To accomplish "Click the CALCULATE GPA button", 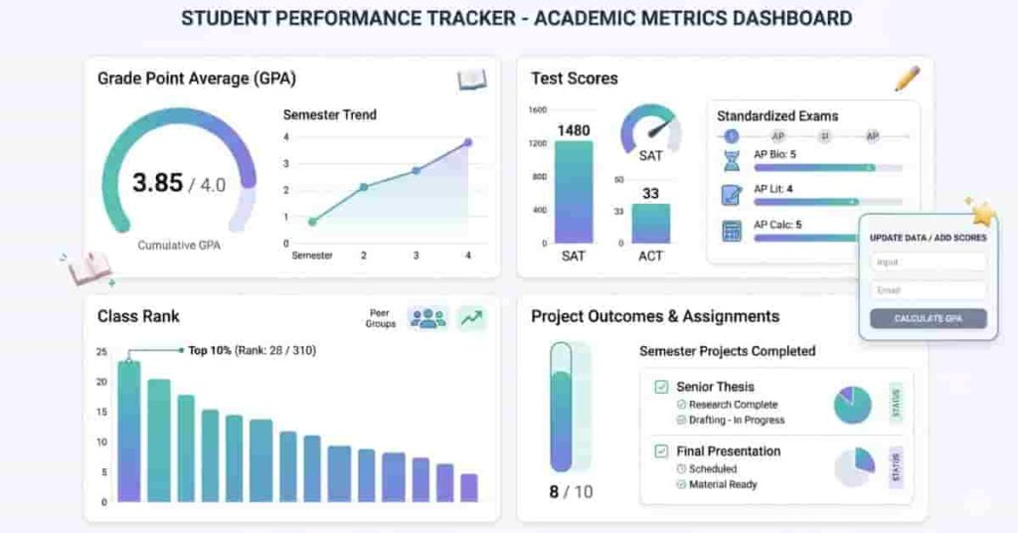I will [928, 318].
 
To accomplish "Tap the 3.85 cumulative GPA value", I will [158, 183].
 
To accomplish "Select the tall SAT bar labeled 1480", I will [573, 191].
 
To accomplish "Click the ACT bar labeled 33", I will [650, 224].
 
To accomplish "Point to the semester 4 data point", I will [467, 142].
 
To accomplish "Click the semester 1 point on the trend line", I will [312, 222].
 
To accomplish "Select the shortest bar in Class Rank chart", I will [469, 487].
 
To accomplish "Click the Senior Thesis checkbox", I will [661, 387].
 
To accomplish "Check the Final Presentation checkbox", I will [661, 451].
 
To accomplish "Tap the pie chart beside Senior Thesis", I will [852, 405].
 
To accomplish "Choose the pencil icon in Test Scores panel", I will [907, 79].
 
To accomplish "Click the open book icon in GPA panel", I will [471, 80].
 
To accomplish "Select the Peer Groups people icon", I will [428, 318].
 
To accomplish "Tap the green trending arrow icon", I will [471, 318].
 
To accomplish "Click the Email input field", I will [928, 290].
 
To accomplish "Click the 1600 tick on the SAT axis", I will [538, 110].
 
